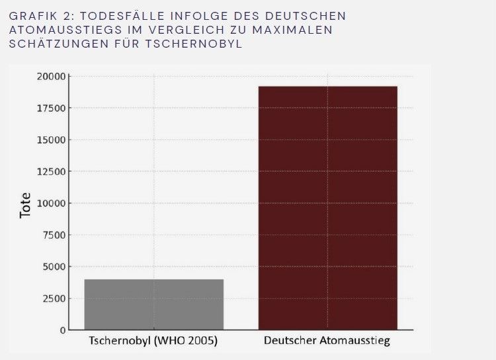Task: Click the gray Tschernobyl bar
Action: click(154, 304)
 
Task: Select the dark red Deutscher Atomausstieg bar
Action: click(328, 208)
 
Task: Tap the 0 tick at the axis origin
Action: click(62, 330)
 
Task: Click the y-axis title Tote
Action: click(26, 205)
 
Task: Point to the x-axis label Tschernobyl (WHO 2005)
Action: click(154, 341)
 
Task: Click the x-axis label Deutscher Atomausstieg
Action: click(327, 341)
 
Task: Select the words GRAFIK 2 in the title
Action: click(39, 15)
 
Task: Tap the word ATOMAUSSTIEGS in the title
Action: click(60, 30)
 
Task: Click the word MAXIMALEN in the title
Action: click(297, 30)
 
